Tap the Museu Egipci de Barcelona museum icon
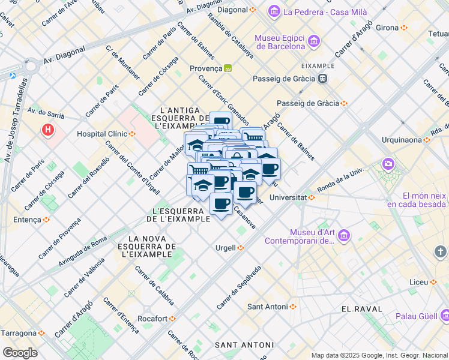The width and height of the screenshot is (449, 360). [x=314, y=41]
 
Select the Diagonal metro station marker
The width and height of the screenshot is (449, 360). [x=253, y=10]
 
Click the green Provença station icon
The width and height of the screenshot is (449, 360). [x=228, y=68]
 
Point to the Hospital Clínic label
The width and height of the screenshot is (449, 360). [x=101, y=133]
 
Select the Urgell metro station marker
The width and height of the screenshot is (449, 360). [x=241, y=247]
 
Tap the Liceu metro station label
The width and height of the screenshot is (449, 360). [x=419, y=282]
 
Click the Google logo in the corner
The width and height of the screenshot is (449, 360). [x=20, y=352]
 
